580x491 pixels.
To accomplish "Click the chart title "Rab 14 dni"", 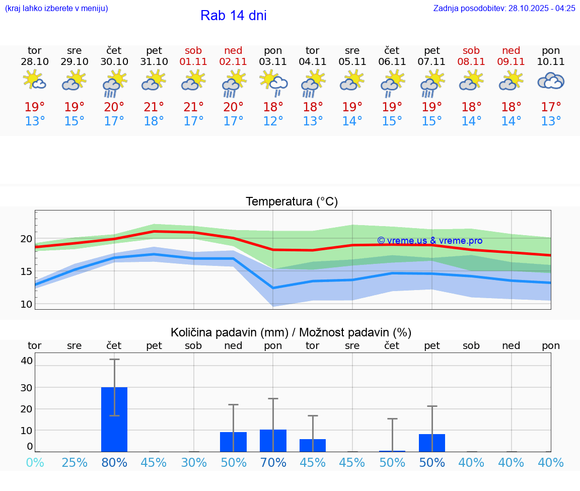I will click(x=233, y=16).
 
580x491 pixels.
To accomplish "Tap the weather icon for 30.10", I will click(x=114, y=83).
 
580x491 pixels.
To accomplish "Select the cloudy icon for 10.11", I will click(x=551, y=81).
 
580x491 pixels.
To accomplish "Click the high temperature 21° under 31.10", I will click(x=154, y=107).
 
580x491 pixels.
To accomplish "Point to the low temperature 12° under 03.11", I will click(x=273, y=121).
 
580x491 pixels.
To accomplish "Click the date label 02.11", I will click(x=233, y=62).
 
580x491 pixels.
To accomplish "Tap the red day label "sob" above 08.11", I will click(x=471, y=50).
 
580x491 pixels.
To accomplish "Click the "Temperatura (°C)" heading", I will click(x=292, y=201).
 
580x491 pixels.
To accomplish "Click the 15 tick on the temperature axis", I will click(x=26, y=271).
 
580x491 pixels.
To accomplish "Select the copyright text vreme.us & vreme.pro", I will click(x=429, y=241).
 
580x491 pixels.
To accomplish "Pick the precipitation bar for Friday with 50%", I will click(x=432, y=443).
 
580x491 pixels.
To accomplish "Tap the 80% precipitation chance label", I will click(x=114, y=462).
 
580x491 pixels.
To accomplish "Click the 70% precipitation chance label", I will click(x=273, y=462).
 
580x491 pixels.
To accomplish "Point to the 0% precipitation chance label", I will click(x=35, y=462).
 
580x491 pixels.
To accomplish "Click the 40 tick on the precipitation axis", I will click(x=26, y=361).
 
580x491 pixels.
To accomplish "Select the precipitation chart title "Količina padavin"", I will click(x=229, y=332).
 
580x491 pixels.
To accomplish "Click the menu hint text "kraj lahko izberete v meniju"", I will click(x=56, y=8).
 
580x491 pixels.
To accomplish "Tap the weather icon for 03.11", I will click(x=273, y=83).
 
